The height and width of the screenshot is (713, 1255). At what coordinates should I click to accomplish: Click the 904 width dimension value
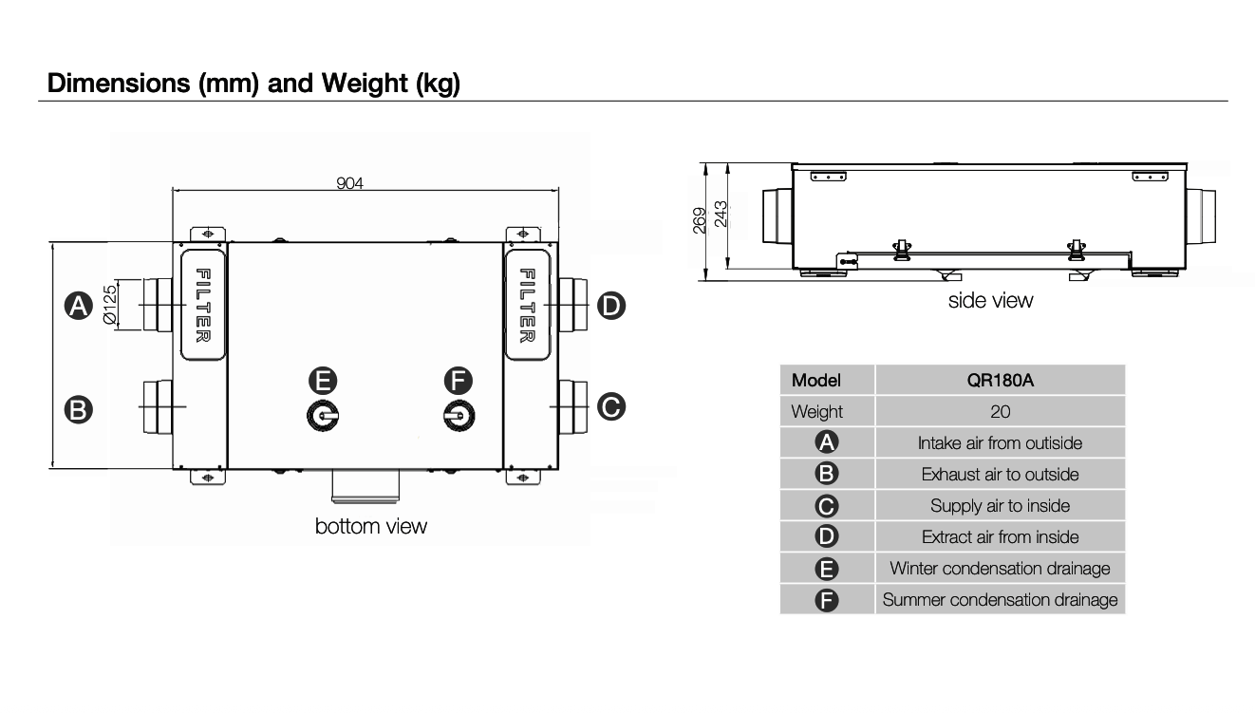click(x=349, y=183)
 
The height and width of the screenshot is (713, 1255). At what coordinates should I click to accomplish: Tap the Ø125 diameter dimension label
click(x=110, y=305)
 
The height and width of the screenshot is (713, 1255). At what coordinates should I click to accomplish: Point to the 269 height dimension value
click(x=700, y=220)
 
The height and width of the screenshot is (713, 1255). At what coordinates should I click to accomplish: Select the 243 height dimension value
click(x=721, y=215)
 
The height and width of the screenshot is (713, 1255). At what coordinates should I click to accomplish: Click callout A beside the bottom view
click(x=79, y=306)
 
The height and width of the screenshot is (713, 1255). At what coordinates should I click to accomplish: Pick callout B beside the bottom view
click(x=79, y=409)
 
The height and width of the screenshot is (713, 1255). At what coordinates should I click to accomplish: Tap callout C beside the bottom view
click(x=611, y=407)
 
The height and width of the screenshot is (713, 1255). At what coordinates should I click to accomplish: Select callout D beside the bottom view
click(x=611, y=306)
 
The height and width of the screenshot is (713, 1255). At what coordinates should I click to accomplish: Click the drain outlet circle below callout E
click(x=324, y=416)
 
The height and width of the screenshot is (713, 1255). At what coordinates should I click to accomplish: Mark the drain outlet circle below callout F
click(x=459, y=416)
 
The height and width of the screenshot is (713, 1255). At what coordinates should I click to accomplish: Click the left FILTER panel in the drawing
click(x=203, y=305)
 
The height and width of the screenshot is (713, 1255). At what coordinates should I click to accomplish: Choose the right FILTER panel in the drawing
click(x=527, y=305)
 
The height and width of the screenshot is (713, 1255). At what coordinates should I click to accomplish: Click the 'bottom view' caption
click(x=371, y=526)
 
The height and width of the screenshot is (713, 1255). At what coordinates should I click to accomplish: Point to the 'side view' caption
click(x=990, y=300)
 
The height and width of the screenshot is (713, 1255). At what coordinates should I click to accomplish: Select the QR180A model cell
click(x=1000, y=380)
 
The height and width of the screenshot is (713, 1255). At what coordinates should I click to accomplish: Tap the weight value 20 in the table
click(x=1000, y=411)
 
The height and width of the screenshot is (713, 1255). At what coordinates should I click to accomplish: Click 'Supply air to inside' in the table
click(x=1000, y=506)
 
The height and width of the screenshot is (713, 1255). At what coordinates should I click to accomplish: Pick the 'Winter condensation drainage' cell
click(x=1000, y=569)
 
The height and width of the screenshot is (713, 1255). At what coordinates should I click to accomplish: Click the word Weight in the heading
click(x=365, y=83)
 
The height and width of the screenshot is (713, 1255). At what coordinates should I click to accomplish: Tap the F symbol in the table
click(x=827, y=600)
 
